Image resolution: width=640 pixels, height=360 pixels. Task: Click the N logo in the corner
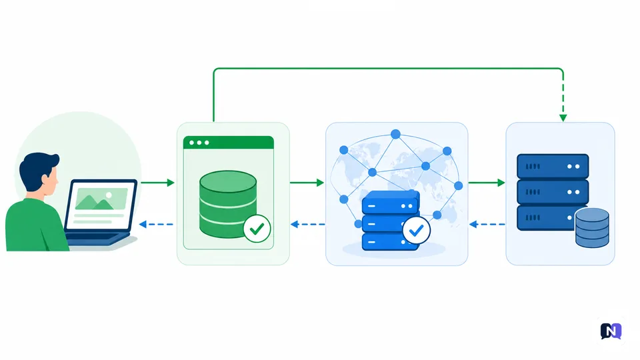click(x=611, y=331)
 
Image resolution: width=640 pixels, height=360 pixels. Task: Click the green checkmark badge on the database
click(x=257, y=229)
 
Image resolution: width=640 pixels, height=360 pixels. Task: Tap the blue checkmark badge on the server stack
click(x=416, y=231)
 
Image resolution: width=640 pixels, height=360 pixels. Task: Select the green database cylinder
click(x=228, y=204)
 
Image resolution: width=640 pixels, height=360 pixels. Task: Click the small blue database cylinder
click(x=592, y=228)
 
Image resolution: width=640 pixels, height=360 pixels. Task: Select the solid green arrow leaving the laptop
click(x=157, y=183)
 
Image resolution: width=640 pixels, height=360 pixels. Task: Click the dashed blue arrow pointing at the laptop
click(x=156, y=224)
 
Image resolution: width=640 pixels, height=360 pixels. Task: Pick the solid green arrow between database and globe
click(x=307, y=183)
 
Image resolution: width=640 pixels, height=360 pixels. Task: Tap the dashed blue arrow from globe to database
click(x=308, y=224)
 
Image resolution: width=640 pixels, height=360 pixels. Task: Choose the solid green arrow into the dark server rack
click(x=487, y=183)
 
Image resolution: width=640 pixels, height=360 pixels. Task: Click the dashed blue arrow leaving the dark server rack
click(x=487, y=224)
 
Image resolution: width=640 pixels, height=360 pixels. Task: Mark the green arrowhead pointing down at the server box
click(x=563, y=118)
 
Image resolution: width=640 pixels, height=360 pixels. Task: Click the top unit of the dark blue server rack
click(x=553, y=166)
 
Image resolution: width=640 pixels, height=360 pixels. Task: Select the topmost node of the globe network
click(x=395, y=134)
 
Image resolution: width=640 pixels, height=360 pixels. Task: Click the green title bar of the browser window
click(x=229, y=143)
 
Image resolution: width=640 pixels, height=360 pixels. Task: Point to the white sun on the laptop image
click(x=109, y=196)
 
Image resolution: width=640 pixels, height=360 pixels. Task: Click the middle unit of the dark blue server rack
click(x=553, y=192)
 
